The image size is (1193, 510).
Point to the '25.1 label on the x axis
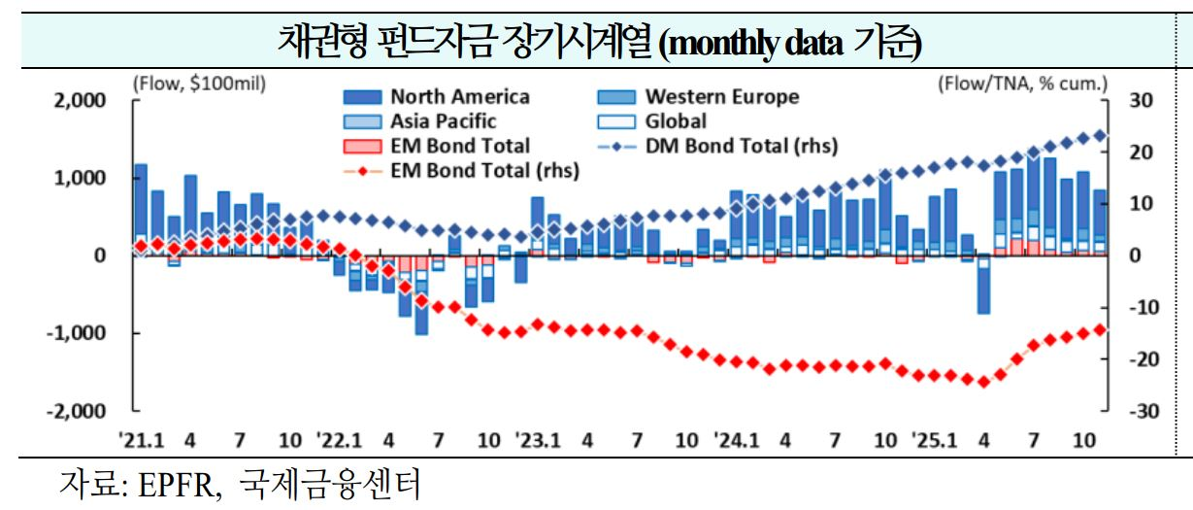click(x=934, y=440)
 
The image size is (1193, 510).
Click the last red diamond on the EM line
click(x=1100, y=329)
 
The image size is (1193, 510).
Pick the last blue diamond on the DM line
click(x=1100, y=136)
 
